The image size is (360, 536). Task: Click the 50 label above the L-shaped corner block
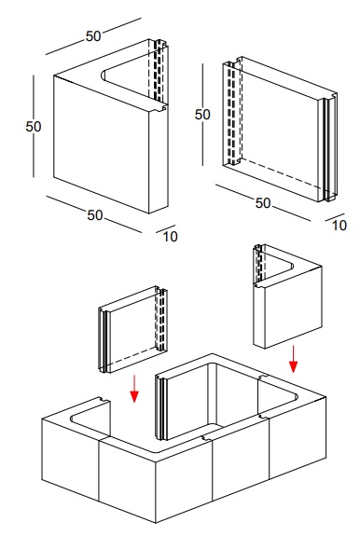[93, 36]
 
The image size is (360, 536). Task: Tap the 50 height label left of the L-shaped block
[34, 127]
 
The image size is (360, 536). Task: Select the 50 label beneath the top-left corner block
[95, 215]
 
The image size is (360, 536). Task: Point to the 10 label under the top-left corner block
[170, 237]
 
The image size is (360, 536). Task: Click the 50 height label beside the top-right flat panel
[202, 114]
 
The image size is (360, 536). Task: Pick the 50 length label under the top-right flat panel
[263, 203]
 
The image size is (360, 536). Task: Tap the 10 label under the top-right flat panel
[339, 226]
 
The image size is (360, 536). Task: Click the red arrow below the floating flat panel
[134, 389]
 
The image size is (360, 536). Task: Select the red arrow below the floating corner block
[293, 359]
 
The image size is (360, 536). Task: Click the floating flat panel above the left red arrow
[133, 330]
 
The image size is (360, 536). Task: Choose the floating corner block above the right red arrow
[287, 296]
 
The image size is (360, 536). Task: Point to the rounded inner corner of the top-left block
[104, 75]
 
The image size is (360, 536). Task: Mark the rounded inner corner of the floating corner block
[291, 267]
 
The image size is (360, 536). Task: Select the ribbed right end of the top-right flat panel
[328, 147]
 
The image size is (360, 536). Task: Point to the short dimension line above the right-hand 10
[335, 217]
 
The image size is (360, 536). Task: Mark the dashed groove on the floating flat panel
[161, 319]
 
